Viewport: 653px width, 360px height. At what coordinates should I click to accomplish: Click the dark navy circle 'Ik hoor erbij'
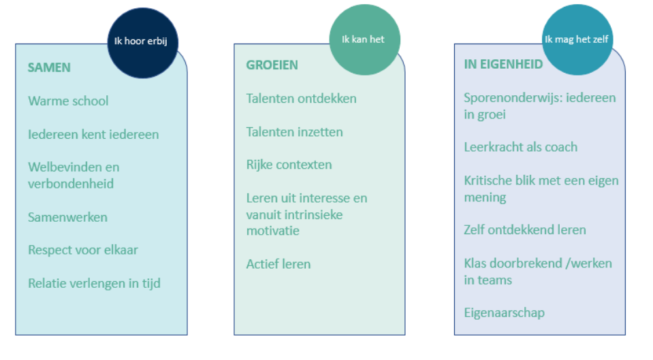143,43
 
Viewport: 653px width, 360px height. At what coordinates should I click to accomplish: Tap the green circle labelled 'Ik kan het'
365,39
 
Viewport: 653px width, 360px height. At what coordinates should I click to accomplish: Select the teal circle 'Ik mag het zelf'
577,39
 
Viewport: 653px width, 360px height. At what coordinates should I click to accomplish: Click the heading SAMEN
49,67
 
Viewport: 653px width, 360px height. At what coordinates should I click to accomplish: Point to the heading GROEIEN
272,65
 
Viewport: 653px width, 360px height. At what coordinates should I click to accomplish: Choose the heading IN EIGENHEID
503,64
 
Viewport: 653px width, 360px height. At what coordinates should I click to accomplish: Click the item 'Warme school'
68,101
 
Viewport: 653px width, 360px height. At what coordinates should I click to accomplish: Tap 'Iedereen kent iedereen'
93,135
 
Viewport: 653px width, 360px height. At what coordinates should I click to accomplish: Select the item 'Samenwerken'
67,217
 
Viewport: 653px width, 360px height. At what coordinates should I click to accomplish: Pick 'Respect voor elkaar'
83,250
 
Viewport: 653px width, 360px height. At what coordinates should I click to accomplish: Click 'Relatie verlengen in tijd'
94,283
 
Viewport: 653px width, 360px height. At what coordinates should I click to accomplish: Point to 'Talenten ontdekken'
301,99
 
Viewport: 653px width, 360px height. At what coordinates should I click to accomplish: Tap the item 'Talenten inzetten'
294,132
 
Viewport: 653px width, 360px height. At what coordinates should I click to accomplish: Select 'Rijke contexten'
289,165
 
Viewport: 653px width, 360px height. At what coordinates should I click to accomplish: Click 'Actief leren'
278,264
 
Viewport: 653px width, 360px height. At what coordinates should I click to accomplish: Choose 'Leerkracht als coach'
521,147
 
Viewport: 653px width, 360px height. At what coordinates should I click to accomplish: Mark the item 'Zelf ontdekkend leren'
525,230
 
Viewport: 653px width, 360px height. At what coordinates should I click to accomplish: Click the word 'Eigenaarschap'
505,313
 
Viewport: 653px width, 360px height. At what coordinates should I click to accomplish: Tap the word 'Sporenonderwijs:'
513,98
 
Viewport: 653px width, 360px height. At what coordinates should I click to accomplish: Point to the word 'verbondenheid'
71,184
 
